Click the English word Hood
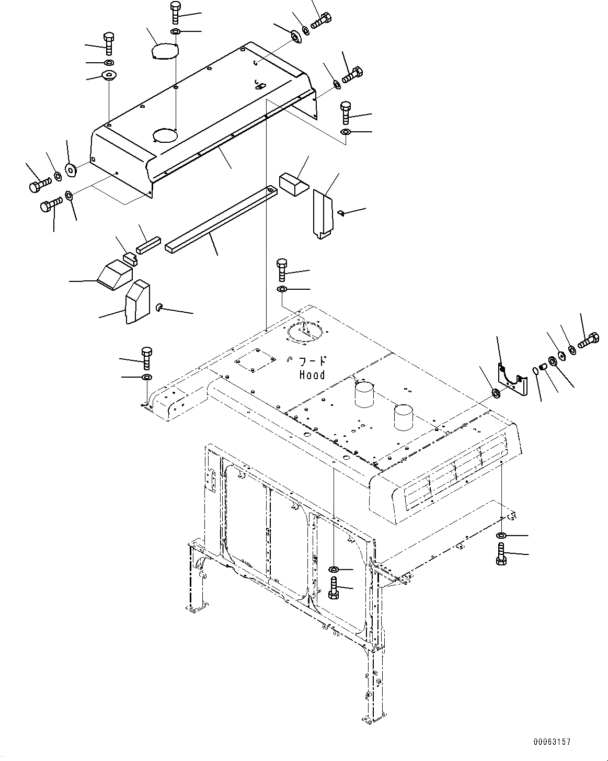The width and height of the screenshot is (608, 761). tap(312, 375)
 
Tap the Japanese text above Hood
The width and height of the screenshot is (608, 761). tap(312, 361)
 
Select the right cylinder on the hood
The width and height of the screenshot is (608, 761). tap(406, 416)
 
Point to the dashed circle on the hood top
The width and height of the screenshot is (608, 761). tap(303, 333)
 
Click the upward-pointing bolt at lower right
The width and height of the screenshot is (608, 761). tap(501, 554)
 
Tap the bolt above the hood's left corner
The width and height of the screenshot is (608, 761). tap(146, 358)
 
